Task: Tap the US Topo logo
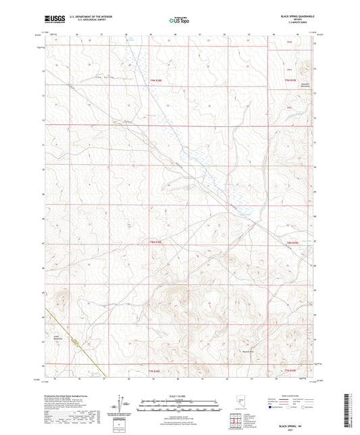click(x=179, y=21)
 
